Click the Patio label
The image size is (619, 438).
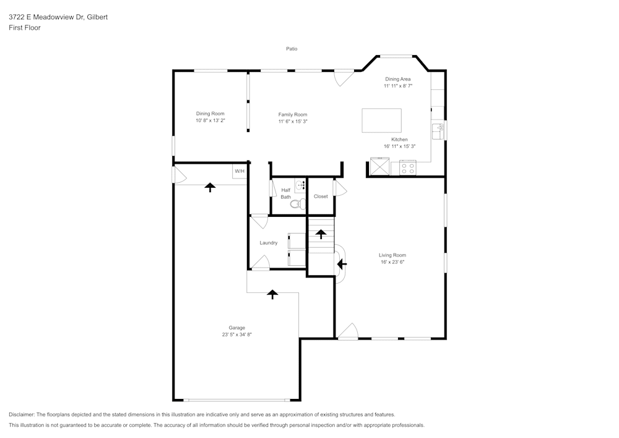point(292,48)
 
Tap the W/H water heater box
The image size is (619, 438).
point(240,171)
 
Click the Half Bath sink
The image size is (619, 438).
point(300,185)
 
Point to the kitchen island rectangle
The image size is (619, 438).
point(381,120)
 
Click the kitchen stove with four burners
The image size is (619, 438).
point(408,167)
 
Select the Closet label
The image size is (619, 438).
point(321,196)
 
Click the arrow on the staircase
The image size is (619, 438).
point(321,234)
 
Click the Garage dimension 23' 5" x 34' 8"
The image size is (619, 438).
point(237,335)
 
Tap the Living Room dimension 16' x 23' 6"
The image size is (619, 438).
point(392,262)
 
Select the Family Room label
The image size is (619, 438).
point(292,115)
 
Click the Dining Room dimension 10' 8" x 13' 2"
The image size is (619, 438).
point(210,121)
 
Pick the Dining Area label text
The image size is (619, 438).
point(397,79)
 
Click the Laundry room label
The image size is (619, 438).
point(269,243)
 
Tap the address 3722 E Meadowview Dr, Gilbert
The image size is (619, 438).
point(58,17)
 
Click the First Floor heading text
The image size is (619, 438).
point(25,28)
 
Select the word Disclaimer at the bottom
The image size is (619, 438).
point(22,414)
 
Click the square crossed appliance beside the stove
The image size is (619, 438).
point(379,167)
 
